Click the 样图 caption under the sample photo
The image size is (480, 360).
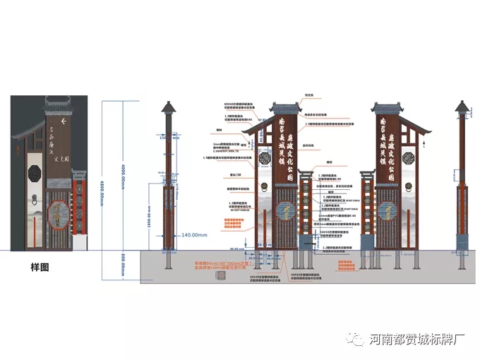40,268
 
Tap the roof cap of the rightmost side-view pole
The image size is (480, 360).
462,108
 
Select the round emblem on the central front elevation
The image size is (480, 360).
286,210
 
